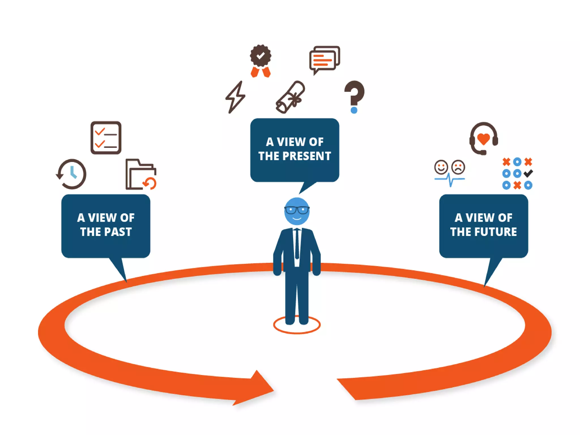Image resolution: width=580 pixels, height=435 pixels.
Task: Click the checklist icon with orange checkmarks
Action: [106, 138]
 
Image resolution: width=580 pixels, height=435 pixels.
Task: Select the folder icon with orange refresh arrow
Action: [141, 175]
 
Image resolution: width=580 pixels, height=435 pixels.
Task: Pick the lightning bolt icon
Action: [235, 97]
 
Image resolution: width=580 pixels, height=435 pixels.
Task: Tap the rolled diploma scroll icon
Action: [290, 97]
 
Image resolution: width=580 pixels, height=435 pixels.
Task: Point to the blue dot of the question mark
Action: [354, 110]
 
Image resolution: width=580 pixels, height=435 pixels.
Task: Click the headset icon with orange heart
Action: [484, 138]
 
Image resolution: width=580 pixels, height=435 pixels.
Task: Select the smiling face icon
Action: [441, 167]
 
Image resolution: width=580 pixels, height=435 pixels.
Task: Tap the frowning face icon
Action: [458, 167]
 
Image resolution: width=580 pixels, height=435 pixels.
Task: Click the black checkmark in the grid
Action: [528, 173]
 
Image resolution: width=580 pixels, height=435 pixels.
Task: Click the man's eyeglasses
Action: [297, 210]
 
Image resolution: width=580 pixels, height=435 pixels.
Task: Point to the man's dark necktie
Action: [297, 244]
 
